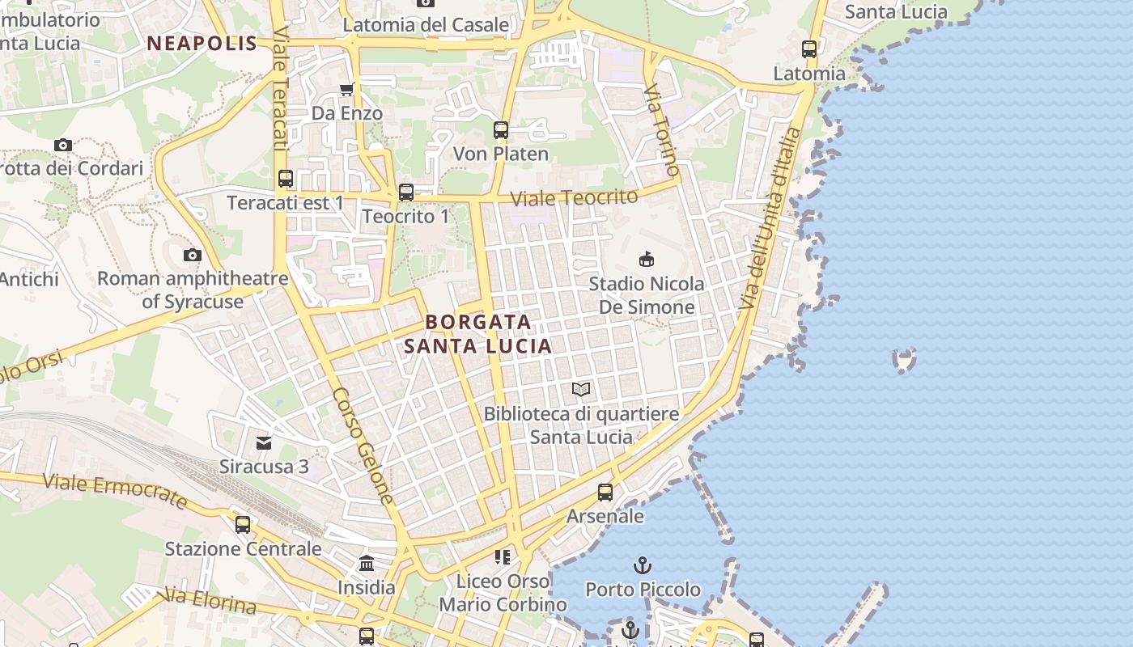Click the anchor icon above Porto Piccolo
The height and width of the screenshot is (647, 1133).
pos(643,565)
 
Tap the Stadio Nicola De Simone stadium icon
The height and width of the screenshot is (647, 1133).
pos(647,260)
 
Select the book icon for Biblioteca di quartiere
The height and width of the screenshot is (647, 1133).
pos(581,390)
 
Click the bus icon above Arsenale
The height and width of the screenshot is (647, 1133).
pos(605,492)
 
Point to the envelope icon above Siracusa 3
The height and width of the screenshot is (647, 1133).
pos(264,442)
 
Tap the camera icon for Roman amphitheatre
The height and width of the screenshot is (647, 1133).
pos(192,256)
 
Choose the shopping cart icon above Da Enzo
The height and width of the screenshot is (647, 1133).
pos(347,89)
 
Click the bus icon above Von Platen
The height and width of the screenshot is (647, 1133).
pos(501,129)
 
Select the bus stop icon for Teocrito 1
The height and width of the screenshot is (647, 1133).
pos(406,192)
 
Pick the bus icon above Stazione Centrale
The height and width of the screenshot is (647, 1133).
pos(243,524)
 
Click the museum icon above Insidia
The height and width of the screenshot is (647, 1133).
pos(367,563)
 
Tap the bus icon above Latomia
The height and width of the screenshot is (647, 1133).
pos(809,49)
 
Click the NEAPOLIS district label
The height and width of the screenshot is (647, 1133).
pos(202,44)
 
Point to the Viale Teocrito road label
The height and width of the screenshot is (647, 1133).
pos(574,197)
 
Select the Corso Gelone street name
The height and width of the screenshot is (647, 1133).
pos(363,446)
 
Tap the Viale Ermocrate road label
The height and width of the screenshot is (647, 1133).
pos(115,490)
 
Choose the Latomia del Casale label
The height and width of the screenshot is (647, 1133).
pos(426,25)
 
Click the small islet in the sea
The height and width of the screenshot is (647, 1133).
pos(904,359)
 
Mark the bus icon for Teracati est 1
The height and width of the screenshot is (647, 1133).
pos(286,179)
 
